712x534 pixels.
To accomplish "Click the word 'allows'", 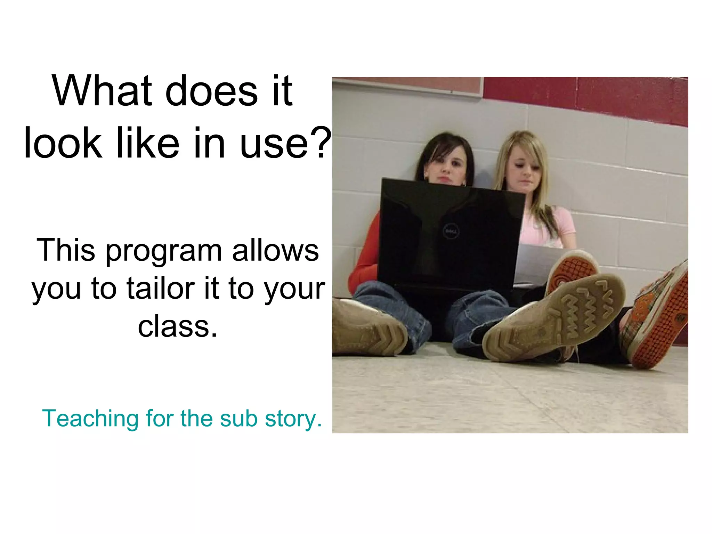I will click(275, 250).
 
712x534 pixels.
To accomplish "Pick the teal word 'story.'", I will click(293, 419).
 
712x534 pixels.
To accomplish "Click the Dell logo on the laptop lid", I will click(451, 231).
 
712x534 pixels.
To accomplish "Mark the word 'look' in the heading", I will click(63, 143).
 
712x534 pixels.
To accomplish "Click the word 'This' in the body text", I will click(65, 250).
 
